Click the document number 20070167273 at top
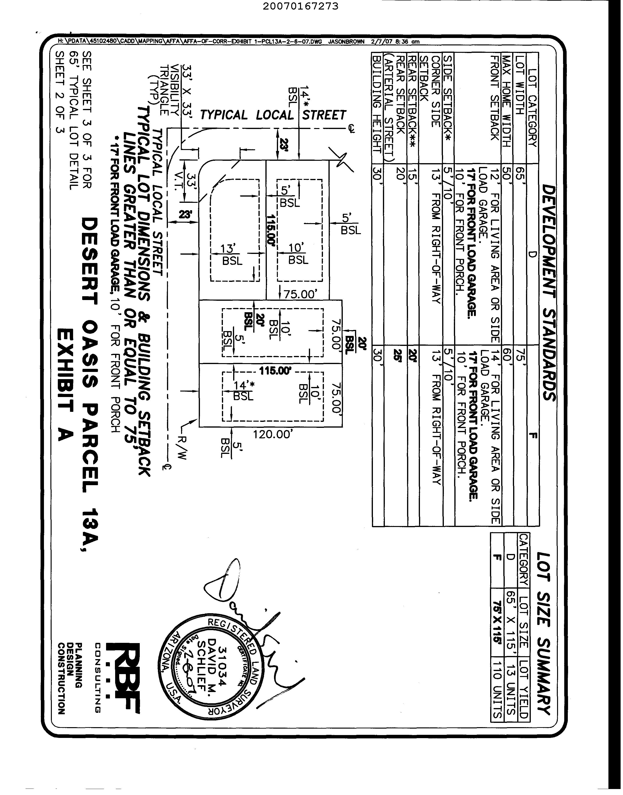pyautogui.click(x=300, y=6)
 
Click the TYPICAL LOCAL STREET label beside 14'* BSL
pyautogui.click(x=273, y=115)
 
